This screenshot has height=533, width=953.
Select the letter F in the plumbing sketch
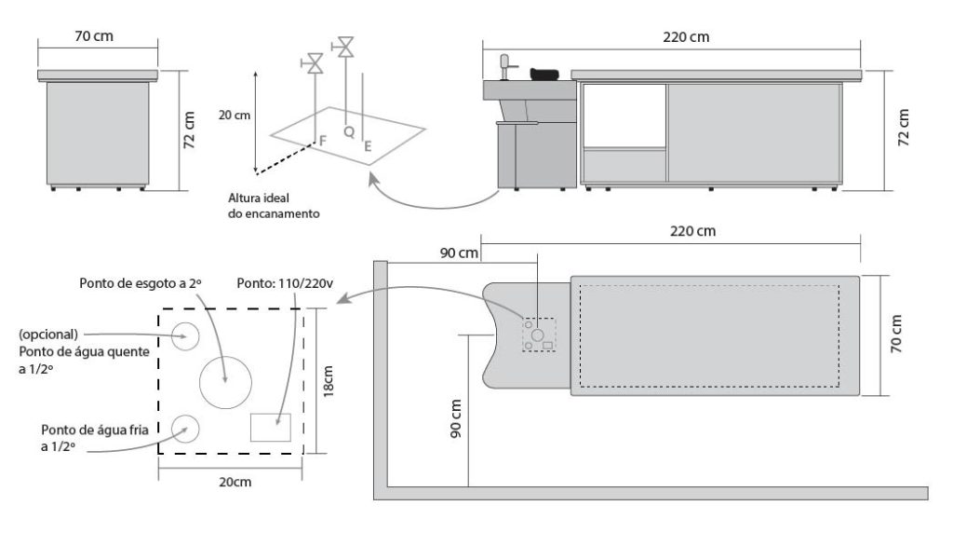(323, 140)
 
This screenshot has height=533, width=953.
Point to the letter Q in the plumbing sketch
(348, 132)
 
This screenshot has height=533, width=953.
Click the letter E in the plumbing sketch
(369, 145)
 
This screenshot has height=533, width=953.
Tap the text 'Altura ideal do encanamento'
(275, 205)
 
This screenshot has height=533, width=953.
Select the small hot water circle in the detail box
(183, 336)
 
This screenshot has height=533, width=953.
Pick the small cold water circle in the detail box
(183, 428)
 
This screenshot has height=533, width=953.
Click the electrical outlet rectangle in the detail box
(271, 428)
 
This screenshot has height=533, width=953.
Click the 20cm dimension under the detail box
(232, 482)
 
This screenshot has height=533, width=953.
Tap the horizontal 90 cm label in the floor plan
(461, 253)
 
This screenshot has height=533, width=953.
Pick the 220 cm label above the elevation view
(685, 36)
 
